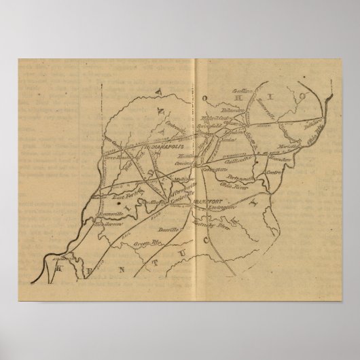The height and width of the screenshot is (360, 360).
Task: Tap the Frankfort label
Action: coord(206,199)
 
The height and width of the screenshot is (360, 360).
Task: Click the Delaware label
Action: coord(233,107)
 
